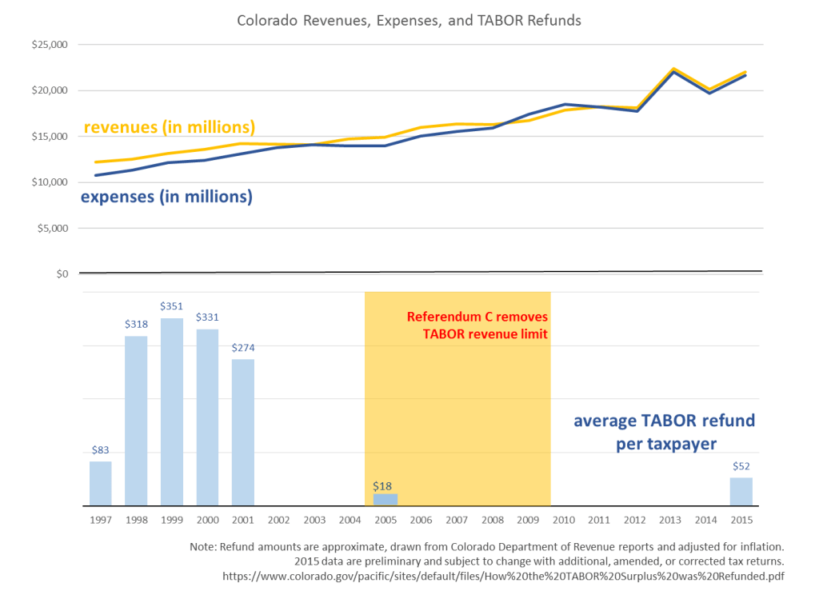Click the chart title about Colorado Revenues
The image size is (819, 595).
(x=409, y=20)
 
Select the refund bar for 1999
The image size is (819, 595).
(x=172, y=412)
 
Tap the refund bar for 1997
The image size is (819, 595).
(x=101, y=484)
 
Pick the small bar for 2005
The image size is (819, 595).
(x=386, y=500)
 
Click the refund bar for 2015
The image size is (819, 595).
(x=741, y=492)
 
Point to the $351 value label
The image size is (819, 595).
(x=172, y=306)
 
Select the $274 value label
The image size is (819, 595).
(x=243, y=348)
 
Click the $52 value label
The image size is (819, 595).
(x=741, y=466)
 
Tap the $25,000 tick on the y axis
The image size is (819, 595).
(x=50, y=45)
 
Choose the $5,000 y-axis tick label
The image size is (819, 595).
(x=53, y=228)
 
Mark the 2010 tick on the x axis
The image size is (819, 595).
(x=564, y=520)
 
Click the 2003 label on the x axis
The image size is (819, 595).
(x=314, y=520)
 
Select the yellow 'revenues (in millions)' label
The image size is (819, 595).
(x=170, y=127)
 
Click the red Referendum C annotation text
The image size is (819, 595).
(x=477, y=325)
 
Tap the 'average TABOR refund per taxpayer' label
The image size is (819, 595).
(x=664, y=432)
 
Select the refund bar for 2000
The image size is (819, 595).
(x=207, y=417)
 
